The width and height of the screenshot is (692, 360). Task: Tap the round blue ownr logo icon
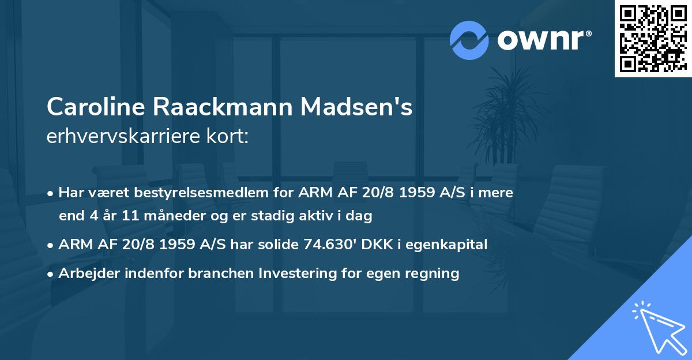coord(469,40)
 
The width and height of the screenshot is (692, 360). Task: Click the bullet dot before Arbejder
coord(51,273)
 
